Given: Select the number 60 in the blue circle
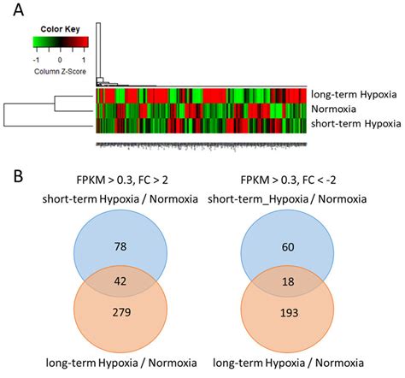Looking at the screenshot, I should (296, 247).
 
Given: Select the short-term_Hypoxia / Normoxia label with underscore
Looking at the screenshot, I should (296, 199).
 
